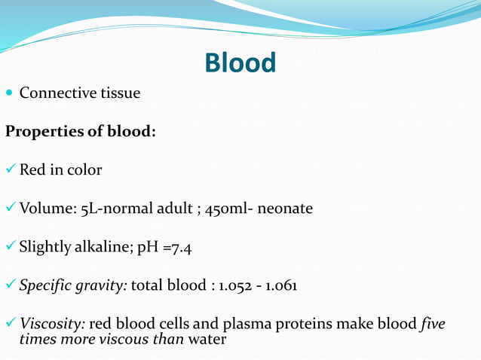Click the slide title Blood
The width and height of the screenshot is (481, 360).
point(240,63)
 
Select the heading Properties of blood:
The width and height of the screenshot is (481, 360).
point(81,131)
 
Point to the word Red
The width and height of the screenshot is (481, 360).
point(32,169)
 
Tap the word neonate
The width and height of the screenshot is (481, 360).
point(285,209)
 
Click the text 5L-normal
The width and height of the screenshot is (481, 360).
point(111,209)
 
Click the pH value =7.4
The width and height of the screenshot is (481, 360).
point(175,247)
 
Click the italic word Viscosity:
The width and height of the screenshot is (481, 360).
point(52,325)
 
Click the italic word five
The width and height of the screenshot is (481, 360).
point(433,325)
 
